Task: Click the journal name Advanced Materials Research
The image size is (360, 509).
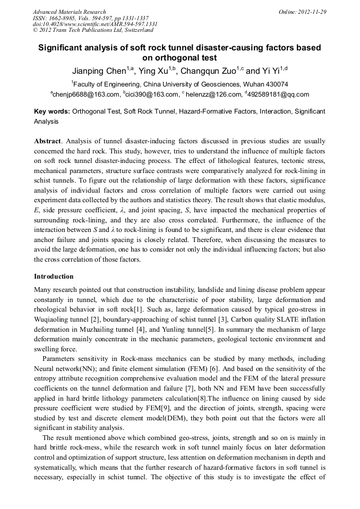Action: (x=69, y=12)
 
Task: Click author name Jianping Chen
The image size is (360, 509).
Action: (x=99, y=71)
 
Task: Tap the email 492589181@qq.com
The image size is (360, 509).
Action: (x=278, y=94)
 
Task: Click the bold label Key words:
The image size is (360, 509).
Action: (x=52, y=112)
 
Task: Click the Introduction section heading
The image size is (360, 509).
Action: (x=54, y=277)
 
